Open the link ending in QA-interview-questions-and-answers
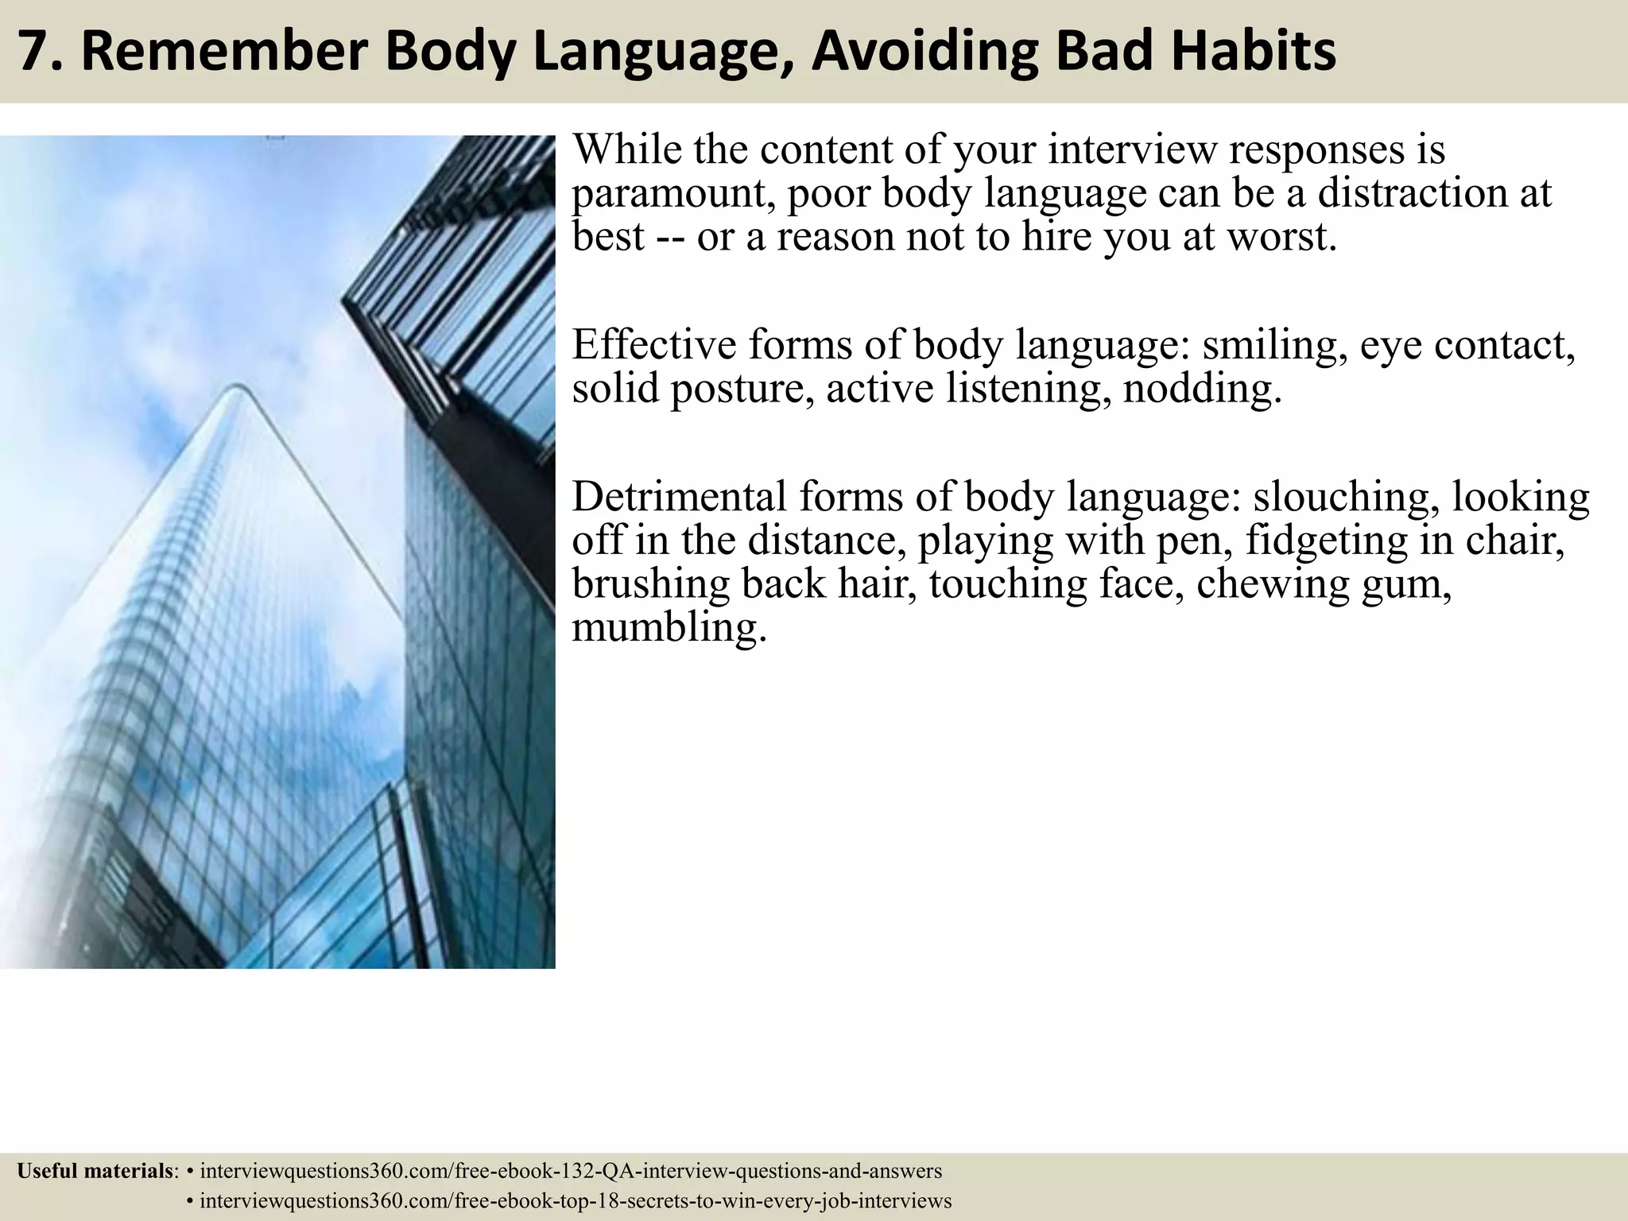coord(571,1171)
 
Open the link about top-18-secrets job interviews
coord(576,1201)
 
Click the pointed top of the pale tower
coord(236,388)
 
